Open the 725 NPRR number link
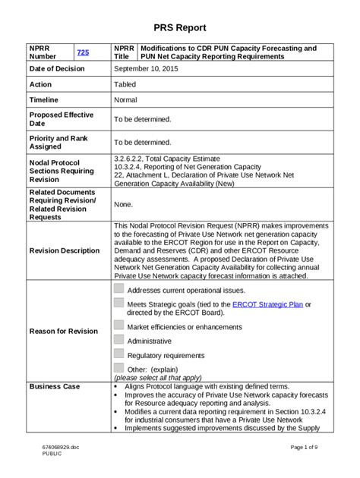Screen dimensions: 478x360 [x=83, y=52]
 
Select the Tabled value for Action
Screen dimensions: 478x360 [x=125, y=84]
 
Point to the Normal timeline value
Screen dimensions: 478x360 [x=125, y=99]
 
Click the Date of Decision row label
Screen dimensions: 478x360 [x=57, y=68]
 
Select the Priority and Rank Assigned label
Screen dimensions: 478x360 [x=58, y=143]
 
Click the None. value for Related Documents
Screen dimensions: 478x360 [x=123, y=204]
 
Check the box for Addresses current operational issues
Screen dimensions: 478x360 [x=118, y=288]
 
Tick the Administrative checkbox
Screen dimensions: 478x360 [x=118, y=340]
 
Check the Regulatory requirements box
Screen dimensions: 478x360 [x=118, y=354]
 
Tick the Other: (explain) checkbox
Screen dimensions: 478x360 [x=118, y=368]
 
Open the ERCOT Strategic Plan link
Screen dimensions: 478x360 [x=267, y=303]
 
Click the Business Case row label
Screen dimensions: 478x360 [x=54, y=386]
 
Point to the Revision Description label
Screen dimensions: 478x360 [x=65, y=250]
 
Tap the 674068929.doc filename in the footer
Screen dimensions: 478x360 [x=60, y=447]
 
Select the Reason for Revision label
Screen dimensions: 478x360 [x=63, y=331]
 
